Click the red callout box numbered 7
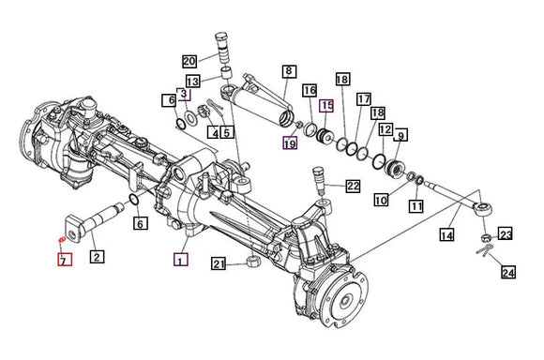[x=65, y=260]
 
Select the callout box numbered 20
[x=189, y=61]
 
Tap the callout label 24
[x=508, y=272]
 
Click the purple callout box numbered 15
[x=326, y=105]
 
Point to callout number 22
[x=353, y=186]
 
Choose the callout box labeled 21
[x=219, y=264]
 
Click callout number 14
[x=446, y=234]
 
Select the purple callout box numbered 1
[x=181, y=260]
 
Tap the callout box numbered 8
[x=289, y=71]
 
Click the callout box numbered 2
[x=97, y=257]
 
